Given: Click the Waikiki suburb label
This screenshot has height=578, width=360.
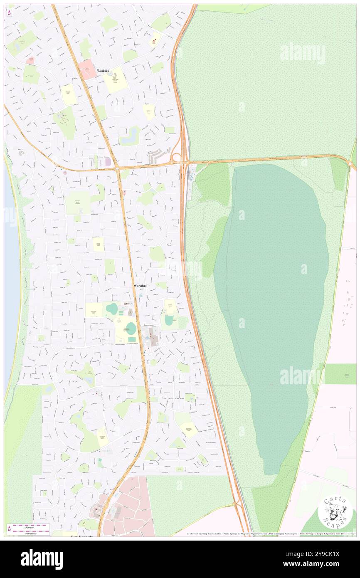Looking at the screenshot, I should [103, 71].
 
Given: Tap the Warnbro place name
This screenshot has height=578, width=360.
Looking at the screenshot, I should [141, 286].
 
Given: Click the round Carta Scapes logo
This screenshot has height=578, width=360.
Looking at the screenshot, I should [335, 512].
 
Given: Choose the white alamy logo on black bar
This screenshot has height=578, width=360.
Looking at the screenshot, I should [42, 558].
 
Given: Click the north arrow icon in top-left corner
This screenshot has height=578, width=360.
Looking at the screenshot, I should [9, 12].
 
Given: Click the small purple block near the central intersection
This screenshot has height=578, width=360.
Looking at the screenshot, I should [108, 161].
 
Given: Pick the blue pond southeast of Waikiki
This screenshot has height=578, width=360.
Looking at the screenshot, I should [133, 134].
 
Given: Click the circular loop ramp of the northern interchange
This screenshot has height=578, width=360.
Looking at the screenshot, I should [176, 158].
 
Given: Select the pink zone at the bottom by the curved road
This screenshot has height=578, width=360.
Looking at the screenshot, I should [129, 507].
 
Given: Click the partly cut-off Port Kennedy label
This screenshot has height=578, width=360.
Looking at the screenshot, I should [81, 536].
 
